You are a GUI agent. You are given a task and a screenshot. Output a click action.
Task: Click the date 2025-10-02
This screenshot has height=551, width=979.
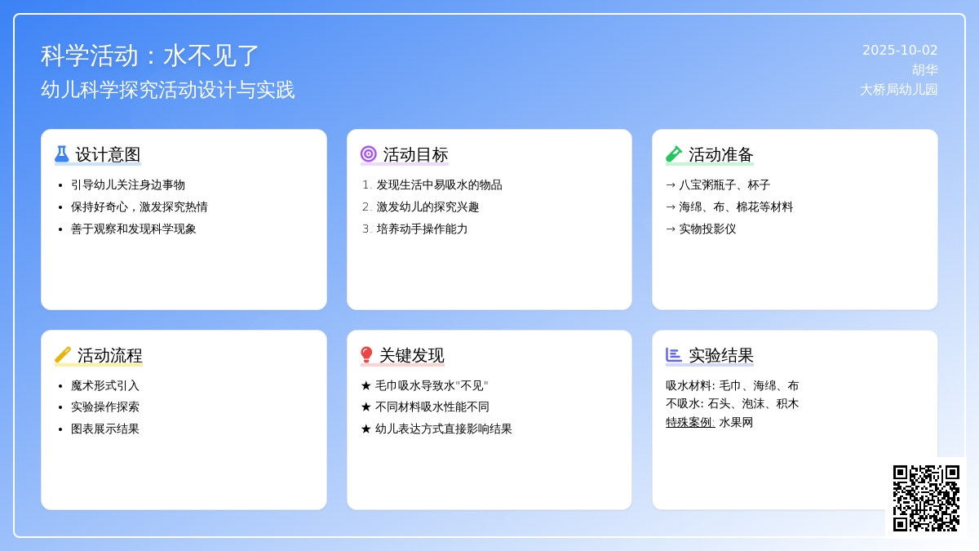tap(900, 51)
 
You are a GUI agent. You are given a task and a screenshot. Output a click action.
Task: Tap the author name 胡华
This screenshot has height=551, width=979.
tap(925, 70)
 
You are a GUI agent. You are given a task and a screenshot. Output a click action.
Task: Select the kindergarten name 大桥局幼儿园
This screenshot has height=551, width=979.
tap(899, 90)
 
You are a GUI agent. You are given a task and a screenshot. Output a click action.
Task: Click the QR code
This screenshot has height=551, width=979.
tap(926, 498)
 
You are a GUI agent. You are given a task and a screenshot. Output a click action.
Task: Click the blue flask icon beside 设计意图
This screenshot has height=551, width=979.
tap(62, 154)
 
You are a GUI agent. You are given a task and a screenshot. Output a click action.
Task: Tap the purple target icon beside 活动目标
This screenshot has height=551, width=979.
tap(369, 154)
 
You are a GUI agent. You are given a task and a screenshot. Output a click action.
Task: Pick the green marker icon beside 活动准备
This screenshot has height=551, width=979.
tap(674, 154)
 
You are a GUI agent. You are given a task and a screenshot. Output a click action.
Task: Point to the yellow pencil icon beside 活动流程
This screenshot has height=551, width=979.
tap(63, 355)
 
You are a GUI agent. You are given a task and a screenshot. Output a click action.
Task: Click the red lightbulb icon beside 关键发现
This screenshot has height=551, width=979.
tap(366, 355)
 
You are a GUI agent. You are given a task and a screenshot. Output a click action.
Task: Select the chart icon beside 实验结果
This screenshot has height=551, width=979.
tap(674, 354)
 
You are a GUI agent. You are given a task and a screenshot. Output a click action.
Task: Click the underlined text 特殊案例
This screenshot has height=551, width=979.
tap(690, 423)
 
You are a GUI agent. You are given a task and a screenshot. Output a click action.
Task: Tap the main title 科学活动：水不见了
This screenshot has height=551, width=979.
tap(150, 56)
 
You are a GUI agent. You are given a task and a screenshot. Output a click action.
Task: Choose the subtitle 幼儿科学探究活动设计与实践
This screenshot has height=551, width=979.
tap(168, 90)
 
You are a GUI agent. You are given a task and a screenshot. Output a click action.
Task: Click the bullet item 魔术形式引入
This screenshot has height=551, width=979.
tap(105, 385)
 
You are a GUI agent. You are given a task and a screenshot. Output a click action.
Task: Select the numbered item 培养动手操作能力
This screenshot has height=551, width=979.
tap(422, 229)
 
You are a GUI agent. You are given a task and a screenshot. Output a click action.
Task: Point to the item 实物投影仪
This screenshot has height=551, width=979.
tap(707, 229)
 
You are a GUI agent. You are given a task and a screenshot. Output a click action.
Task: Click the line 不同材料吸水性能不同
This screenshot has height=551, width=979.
tap(432, 407)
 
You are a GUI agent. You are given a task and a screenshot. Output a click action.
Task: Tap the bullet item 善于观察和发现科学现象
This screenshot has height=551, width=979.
tap(133, 229)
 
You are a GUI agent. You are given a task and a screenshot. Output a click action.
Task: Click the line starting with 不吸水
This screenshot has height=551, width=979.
tap(732, 403)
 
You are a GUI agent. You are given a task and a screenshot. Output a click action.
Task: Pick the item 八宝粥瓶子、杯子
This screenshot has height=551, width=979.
tap(724, 185)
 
